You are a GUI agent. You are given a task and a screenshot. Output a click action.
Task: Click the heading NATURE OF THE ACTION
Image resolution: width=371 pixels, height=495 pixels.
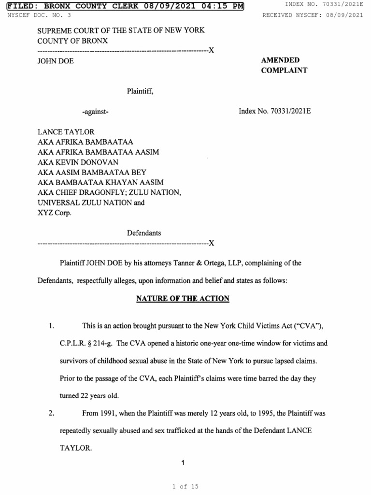point(183,299)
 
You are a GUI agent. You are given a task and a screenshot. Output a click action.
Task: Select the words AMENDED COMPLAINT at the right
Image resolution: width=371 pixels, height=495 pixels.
point(284,65)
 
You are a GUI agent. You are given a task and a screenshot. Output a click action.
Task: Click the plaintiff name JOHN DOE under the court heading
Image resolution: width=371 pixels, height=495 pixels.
point(56,61)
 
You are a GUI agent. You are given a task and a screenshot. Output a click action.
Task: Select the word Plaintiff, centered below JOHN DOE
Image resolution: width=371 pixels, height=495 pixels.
point(140,90)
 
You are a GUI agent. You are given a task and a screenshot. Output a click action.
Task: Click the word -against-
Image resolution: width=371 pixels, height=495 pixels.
point(95,112)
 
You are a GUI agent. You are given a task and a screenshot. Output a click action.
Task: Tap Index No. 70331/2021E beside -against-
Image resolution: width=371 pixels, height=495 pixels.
point(274,111)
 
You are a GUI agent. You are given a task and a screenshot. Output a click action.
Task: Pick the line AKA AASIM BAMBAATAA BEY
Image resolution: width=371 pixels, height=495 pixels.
point(92,172)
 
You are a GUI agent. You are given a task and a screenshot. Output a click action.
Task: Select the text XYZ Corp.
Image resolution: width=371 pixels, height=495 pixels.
point(54,213)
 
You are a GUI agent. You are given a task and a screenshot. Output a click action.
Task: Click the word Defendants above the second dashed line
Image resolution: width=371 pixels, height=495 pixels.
point(144,233)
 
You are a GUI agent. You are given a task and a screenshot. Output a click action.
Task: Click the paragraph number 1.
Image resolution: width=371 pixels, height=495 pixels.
point(51,327)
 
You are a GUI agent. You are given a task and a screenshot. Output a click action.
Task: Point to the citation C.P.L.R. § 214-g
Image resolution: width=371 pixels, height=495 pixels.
point(86,343)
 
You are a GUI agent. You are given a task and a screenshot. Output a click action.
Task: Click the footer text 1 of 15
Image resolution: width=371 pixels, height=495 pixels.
point(185,487)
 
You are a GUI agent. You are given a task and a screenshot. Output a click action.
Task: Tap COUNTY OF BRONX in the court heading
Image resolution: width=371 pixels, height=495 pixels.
point(72,41)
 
